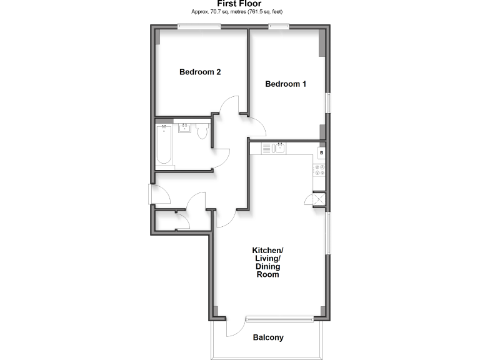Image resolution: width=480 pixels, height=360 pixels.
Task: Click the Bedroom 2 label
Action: (200, 72)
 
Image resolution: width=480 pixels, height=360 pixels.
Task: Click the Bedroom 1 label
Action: (286, 84)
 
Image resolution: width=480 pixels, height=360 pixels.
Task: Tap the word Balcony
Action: (268, 337)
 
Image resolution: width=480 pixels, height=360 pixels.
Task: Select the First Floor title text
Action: (239, 4)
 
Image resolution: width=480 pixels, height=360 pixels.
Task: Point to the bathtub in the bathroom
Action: (164, 146)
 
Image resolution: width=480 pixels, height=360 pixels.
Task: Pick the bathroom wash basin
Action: (184, 129)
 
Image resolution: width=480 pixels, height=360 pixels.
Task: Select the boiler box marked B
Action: (321, 152)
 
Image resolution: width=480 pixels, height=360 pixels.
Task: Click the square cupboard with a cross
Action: (319, 199)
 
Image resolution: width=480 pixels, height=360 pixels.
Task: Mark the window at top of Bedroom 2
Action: (199, 26)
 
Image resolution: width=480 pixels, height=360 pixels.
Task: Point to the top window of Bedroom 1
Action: (279, 26)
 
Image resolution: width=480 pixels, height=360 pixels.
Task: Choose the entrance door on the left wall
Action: (152, 194)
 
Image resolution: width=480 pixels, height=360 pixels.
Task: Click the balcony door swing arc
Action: (236, 327)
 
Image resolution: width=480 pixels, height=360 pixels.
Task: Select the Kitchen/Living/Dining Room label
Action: (267, 262)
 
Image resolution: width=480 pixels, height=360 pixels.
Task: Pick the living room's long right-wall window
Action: (327, 232)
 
